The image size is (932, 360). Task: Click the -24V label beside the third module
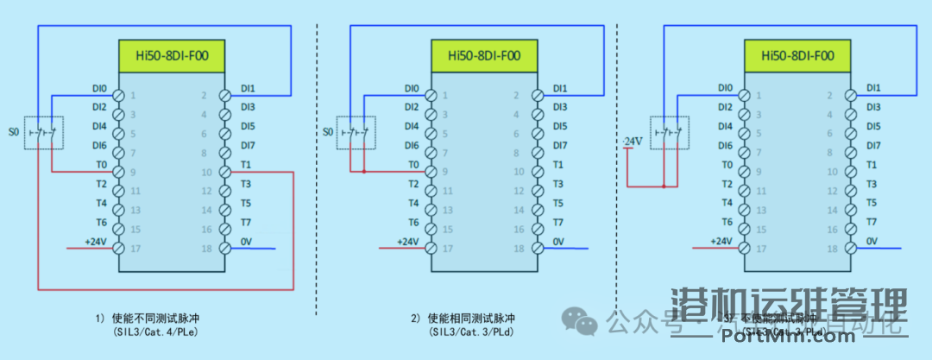(633, 141)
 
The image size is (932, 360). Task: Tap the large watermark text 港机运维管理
(789, 306)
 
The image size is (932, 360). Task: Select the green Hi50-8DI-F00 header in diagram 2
(484, 57)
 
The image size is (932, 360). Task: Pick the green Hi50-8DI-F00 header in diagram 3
(797, 57)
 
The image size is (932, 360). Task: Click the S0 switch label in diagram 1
(13, 132)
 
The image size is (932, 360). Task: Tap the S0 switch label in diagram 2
(326, 132)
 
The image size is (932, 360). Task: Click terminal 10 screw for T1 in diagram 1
(224, 172)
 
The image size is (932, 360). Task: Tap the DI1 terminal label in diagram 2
(560, 88)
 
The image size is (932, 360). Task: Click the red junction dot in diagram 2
(364, 172)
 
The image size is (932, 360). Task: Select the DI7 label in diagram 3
(873, 145)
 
